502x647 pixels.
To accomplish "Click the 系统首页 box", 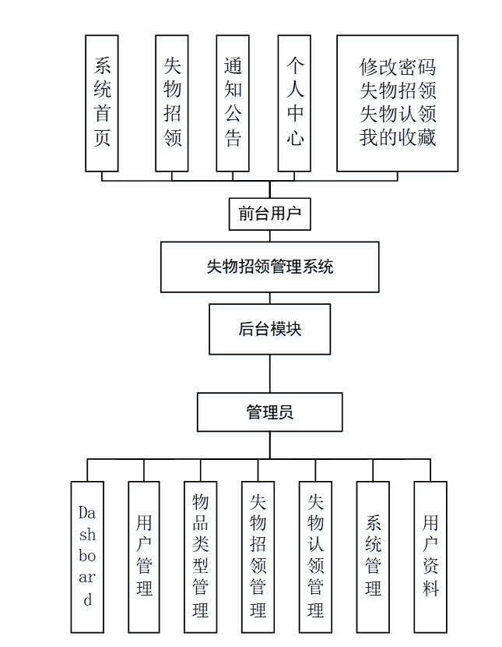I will tap(101, 103).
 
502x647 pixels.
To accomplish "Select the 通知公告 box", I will tap(233, 103).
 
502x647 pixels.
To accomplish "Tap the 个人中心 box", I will tap(294, 103).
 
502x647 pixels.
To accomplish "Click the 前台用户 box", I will tap(269, 214).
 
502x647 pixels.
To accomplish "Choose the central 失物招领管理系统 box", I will tap(269, 267).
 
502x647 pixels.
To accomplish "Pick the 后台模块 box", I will tap(269, 329).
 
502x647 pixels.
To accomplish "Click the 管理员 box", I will tap(269, 412).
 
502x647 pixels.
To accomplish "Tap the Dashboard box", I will tap(87, 557).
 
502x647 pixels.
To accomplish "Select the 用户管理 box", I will tap(144, 557).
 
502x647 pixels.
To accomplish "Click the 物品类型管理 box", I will tap(201, 557).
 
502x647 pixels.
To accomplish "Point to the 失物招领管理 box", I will tap(258, 557).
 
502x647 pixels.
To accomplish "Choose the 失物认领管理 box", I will tap(315, 557).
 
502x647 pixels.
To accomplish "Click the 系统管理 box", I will tap(373, 557).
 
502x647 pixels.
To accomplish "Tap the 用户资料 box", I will tap(430, 557).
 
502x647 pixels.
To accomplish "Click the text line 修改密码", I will tap(397, 66).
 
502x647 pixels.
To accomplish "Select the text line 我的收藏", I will tap(397, 138).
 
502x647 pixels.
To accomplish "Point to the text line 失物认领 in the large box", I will tap(397, 114).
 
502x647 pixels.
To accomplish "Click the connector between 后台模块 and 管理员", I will tap(270, 373).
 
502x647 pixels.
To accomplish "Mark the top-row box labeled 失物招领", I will tap(172, 103).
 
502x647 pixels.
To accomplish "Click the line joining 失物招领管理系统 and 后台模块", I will tap(270, 298).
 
